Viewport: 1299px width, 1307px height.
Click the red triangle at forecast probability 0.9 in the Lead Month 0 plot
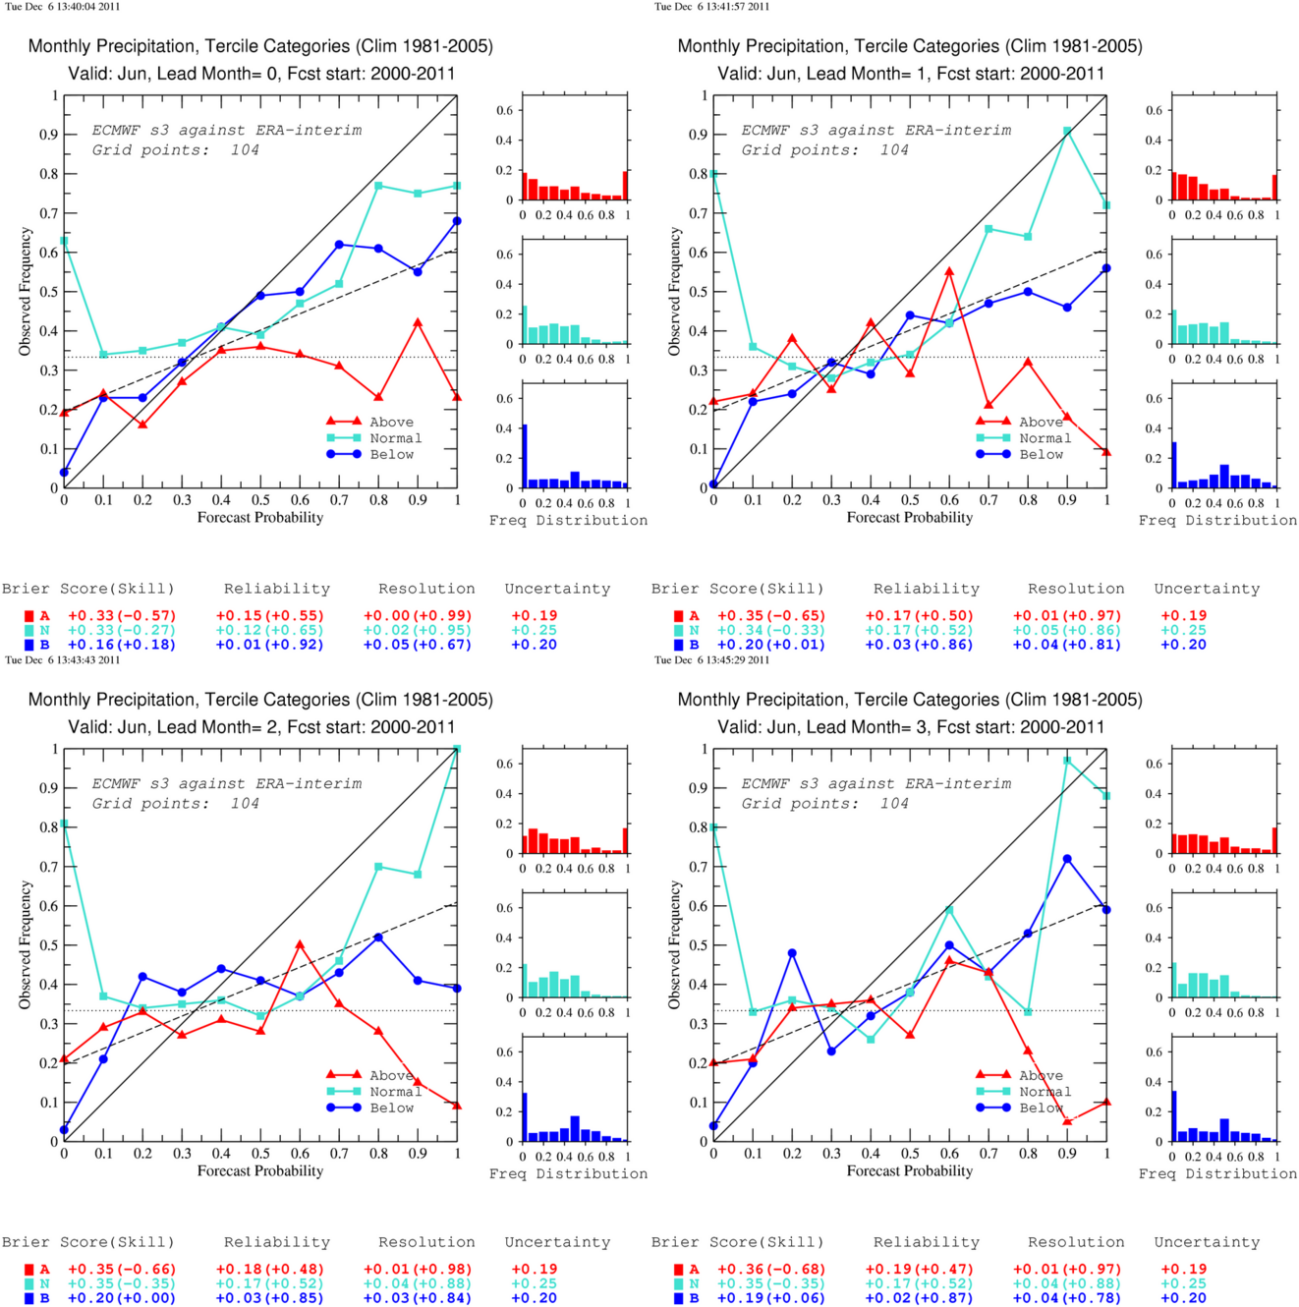tap(418, 323)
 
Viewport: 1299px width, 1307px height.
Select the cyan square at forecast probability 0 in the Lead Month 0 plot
tap(65, 240)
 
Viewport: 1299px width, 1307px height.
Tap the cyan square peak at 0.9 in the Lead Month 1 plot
tap(1067, 131)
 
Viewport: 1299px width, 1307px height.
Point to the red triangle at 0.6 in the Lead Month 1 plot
tap(949, 271)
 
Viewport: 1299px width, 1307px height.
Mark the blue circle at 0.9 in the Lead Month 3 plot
tap(1067, 859)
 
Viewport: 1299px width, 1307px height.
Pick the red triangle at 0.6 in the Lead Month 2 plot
tap(300, 944)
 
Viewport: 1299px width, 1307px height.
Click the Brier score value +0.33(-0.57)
tap(122, 616)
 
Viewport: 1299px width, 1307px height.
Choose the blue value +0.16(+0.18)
tap(122, 645)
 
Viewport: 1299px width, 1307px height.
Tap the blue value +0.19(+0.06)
tap(771, 1298)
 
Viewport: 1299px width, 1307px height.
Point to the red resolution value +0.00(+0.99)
tap(418, 616)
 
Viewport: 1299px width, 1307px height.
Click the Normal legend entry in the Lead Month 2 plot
tap(374, 1092)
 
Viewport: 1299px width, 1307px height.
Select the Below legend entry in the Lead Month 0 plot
tap(370, 454)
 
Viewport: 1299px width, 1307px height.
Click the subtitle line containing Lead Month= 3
tap(911, 727)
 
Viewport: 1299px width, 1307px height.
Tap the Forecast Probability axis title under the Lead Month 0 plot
tap(260, 518)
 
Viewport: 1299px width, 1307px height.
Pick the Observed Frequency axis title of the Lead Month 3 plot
tap(674, 944)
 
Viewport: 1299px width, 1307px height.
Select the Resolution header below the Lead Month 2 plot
tap(426, 1242)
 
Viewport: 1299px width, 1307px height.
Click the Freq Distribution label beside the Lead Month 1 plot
tap(1217, 520)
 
